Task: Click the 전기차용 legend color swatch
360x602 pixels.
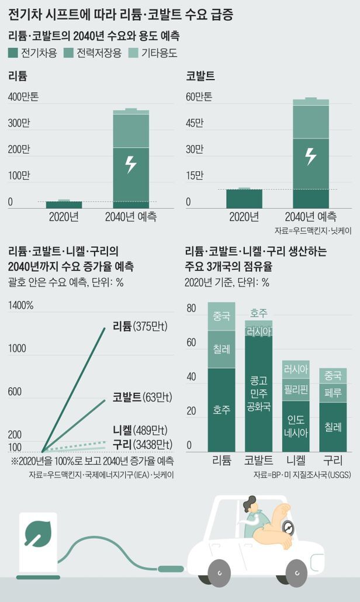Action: coord(13,53)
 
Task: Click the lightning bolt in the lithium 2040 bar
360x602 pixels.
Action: coord(131,164)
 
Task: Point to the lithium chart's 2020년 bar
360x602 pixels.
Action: coord(64,204)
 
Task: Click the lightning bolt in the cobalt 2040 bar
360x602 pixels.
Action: coord(310,156)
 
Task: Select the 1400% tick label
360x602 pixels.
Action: coord(21,306)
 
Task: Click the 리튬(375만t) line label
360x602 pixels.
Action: coord(140,326)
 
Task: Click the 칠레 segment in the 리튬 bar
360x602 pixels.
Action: coord(221,349)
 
